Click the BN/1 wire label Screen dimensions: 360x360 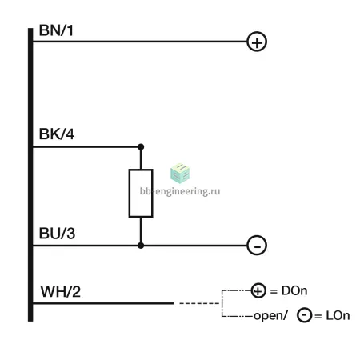coord(56,30)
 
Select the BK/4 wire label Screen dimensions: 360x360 coord(57,134)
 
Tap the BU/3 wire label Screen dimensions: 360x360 coord(57,234)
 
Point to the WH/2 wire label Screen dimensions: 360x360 coord(61,291)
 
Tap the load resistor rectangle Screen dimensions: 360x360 coord(129,194)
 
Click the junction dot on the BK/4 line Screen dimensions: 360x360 coord(141,146)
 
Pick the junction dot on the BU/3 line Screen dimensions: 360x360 coord(141,246)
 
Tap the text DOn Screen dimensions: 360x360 coord(294,290)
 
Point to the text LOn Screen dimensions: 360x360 coord(338,316)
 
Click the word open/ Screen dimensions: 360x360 coord(270,316)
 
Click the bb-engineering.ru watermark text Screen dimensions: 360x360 coord(180,191)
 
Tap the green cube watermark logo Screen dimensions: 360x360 coord(180,174)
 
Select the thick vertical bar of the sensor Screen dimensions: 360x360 coord(30,174)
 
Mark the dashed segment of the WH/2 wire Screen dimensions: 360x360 coord(199,303)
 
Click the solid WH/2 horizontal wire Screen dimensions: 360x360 coord(103,303)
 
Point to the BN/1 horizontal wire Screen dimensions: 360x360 coord(140,42)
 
